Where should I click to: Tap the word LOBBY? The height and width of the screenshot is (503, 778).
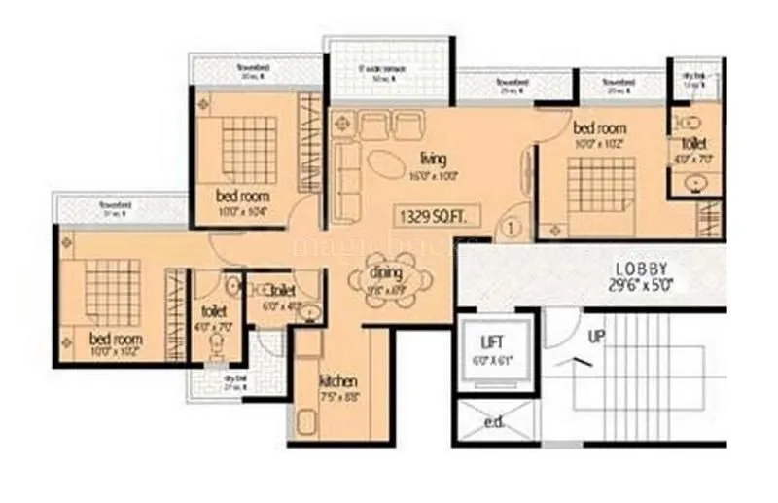(x=641, y=269)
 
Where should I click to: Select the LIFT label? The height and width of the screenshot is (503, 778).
(x=492, y=341)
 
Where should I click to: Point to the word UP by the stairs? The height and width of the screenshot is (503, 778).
(x=597, y=337)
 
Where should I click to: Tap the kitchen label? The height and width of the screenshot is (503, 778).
(x=337, y=380)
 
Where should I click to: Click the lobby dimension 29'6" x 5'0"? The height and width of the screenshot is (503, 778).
(x=640, y=286)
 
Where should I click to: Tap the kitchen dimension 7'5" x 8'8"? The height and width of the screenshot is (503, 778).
(x=337, y=396)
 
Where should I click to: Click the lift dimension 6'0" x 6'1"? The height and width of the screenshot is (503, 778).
(x=493, y=359)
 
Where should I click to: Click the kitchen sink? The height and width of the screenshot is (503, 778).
(x=308, y=424)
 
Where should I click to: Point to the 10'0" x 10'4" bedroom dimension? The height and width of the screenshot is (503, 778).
(x=242, y=209)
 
